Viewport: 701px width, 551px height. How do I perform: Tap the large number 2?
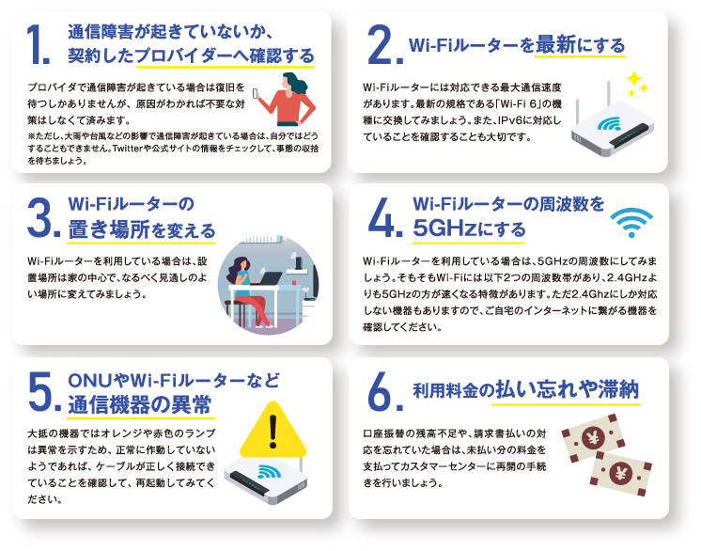pos(380,44)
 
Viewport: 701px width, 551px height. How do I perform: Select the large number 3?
pos(39,217)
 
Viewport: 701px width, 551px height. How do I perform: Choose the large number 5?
pos(41,392)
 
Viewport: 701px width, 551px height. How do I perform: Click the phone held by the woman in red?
pos(256,93)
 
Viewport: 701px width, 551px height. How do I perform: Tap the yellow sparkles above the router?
pos(636,84)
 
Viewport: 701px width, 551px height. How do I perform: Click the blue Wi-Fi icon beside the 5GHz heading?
pos(631,222)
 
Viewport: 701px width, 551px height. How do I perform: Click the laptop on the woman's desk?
pos(267,277)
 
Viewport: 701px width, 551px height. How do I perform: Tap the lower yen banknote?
pos(620,474)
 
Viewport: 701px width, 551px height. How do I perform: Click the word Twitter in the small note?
pos(128,149)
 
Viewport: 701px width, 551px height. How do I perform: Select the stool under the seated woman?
pos(236,312)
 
